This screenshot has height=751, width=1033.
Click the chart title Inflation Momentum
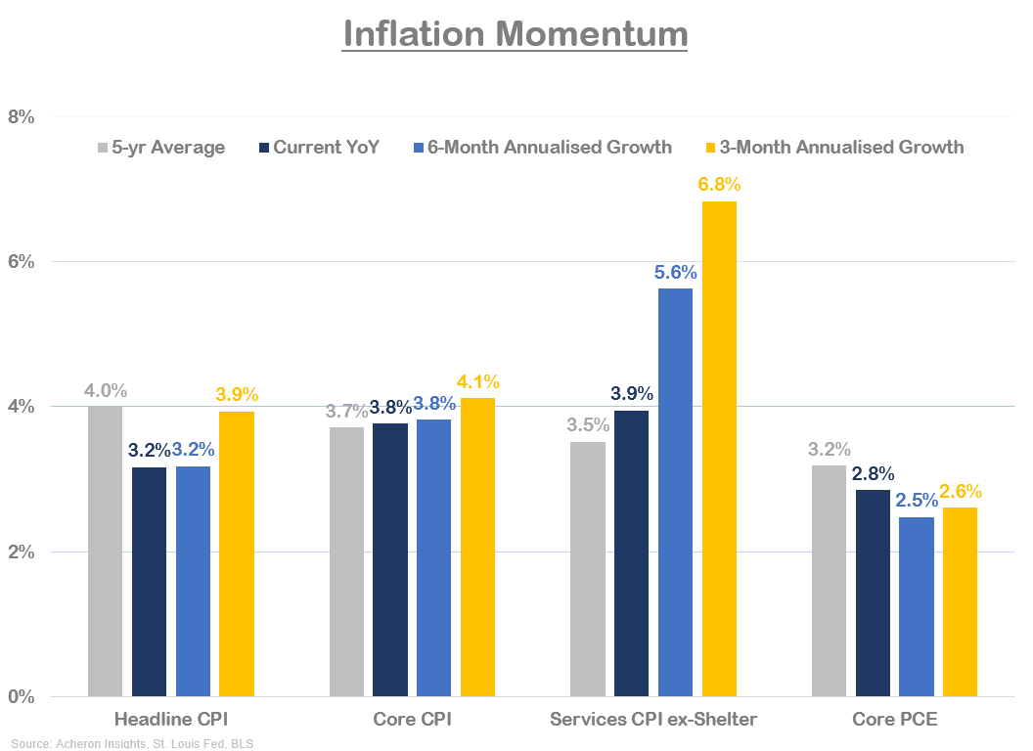click(516, 34)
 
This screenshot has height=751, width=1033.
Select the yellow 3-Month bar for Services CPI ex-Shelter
click(719, 449)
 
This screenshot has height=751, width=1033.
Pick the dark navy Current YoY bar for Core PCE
click(873, 593)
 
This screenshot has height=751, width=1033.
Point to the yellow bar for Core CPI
click(478, 547)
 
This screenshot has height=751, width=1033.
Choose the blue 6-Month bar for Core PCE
click(917, 606)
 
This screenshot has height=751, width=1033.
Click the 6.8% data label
click(719, 185)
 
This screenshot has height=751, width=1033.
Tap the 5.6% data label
click(675, 272)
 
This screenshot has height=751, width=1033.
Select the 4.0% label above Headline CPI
click(105, 390)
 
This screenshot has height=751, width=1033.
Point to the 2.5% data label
click(917, 501)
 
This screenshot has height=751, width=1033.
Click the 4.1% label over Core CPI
click(478, 381)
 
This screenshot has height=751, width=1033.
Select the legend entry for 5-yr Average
click(160, 148)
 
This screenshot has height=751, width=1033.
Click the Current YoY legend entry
click(319, 148)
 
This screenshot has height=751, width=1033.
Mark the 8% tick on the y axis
click(21, 117)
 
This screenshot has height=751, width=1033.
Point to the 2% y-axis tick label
click(21, 552)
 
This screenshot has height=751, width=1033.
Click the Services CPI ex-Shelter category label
click(653, 721)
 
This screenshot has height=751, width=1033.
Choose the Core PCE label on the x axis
click(894, 721)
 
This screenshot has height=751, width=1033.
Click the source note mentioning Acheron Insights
click(132, 744)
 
